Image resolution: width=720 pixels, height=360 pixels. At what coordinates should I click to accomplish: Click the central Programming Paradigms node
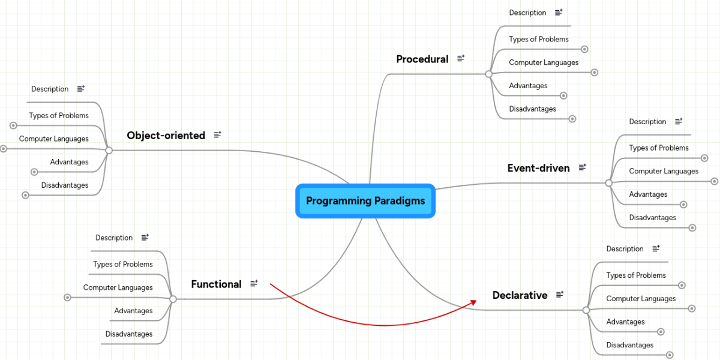(x=365, y=201)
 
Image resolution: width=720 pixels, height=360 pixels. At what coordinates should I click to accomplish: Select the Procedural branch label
(x=422, y=59)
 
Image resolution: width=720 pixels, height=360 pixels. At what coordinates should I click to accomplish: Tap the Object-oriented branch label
(x=166, y=136)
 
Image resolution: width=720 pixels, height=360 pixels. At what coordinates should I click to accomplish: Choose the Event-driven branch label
(x=538, y=168)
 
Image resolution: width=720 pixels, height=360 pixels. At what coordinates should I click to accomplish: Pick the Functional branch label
(x=216, y=284)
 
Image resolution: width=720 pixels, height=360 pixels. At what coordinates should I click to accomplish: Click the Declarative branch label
(x=520, y=295)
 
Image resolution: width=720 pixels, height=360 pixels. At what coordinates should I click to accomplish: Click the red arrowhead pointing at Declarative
(x=473, y=302)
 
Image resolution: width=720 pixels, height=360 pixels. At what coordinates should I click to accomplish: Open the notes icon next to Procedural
(x=461, y=58)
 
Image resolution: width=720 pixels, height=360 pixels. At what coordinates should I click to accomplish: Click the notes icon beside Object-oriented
(x=217, y=135)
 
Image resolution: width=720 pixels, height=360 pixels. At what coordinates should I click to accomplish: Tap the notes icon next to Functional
(x=254, y=283)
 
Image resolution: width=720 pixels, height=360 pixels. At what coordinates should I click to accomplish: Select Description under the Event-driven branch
(x=647, y=122)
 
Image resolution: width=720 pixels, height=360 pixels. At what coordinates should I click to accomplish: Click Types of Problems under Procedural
(x=538, y=39)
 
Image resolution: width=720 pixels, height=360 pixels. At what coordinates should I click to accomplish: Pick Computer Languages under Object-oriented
(x=53, y=139)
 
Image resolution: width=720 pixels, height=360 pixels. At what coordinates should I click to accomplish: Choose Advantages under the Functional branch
(x=133, y=311)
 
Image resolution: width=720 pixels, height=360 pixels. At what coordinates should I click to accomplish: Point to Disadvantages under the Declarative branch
(x=629, y=345)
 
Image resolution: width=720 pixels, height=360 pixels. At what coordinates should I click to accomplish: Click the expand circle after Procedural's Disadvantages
(x=572, y=119)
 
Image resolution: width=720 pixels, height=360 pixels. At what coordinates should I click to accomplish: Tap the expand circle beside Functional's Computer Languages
(x=68, y=298)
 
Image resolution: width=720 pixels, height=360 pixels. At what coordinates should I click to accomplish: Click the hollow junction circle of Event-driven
(x=608, y=182)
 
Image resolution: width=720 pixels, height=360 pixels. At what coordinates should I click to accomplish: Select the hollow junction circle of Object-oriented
(x=109, y=150)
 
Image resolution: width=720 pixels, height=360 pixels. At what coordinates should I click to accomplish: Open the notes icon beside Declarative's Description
(x=656, y=248)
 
